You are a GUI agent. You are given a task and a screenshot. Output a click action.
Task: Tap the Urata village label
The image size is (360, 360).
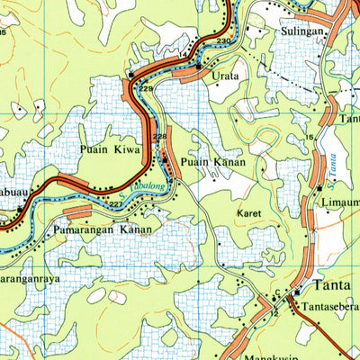(225, 76)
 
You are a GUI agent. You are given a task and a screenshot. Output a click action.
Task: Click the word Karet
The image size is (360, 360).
(248, 214)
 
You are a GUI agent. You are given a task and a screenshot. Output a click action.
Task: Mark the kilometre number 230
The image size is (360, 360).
(222, 43)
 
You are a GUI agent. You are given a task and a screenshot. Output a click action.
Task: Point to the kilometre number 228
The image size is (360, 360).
(159, 137)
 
